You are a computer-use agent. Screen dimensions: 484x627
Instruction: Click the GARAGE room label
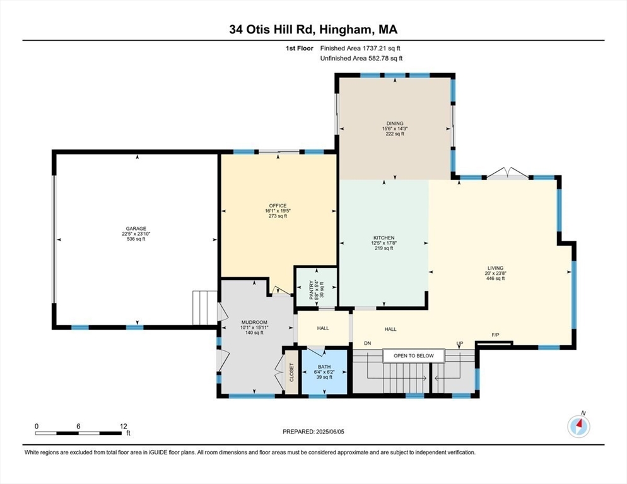point(136,229)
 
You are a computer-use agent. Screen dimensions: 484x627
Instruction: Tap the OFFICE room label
point(278,205)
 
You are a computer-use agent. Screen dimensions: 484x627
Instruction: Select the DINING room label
point(395,124)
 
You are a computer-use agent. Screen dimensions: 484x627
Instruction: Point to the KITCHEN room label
point(384,238)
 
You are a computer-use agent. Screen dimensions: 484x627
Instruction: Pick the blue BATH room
point(324,372)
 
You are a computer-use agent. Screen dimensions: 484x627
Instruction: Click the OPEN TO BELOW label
point(414,356)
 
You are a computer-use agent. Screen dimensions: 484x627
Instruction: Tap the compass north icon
point(578,426)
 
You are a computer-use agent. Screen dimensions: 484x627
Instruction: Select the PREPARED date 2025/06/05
point(313,432)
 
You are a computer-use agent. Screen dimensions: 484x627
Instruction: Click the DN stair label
point(367,343)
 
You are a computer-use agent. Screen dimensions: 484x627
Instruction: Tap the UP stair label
point(460,343)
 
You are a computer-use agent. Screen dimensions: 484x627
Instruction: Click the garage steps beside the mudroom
point(205,308)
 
